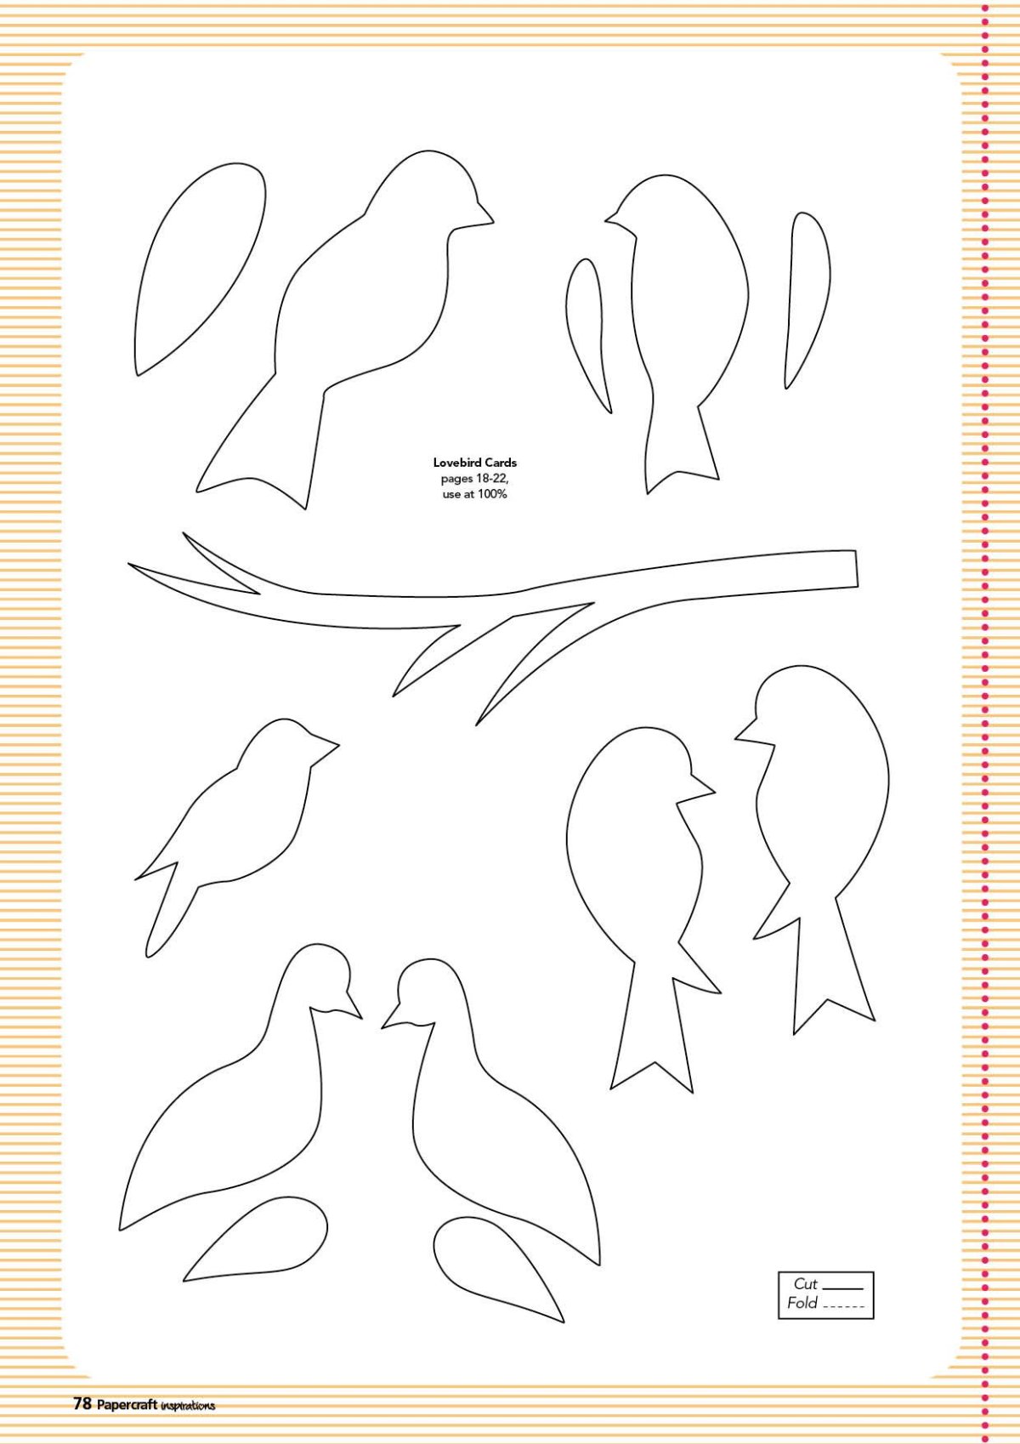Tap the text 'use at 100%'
[x=475, y=494]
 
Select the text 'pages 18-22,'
[x=475, y=479]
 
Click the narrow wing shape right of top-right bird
[x=807, y=300]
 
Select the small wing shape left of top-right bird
[x=588, y=336]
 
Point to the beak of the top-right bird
[x=615, y=219]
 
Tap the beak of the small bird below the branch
[x=326, y=746]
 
